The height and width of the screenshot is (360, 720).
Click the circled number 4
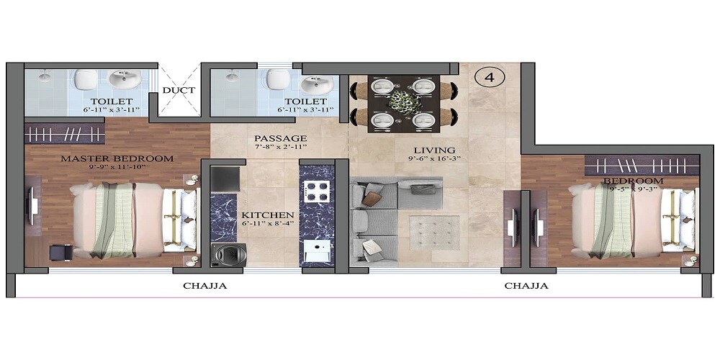[x=490, y=76]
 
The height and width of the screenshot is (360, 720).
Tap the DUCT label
[x=178, y=90]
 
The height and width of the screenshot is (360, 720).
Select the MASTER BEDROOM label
[x=117, y=158]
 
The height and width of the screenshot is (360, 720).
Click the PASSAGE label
[x=280, y=138]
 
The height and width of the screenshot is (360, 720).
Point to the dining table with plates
[x=404, y=102]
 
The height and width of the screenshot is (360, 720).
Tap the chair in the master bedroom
[x=60, y=253]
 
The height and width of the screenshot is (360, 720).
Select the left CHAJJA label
[x=204, y=286]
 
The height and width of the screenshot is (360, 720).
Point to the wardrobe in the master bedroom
[x=66, y=133]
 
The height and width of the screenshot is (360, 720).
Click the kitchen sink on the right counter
[x=315, y=252]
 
